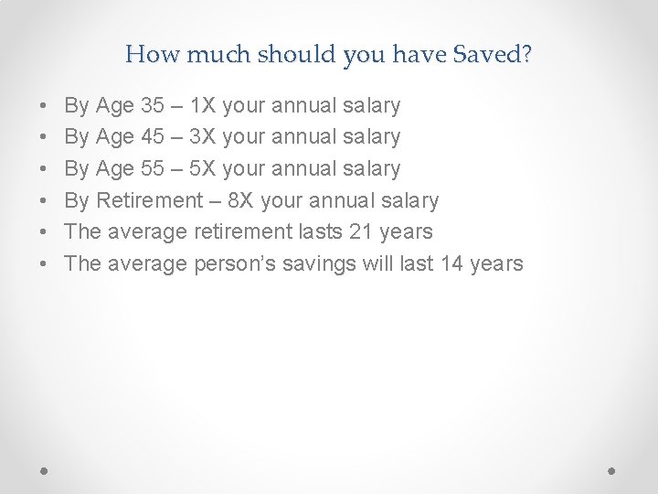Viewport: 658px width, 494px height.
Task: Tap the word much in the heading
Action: click(209, 55)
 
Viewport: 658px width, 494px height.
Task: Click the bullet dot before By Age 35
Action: click(45, 107)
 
